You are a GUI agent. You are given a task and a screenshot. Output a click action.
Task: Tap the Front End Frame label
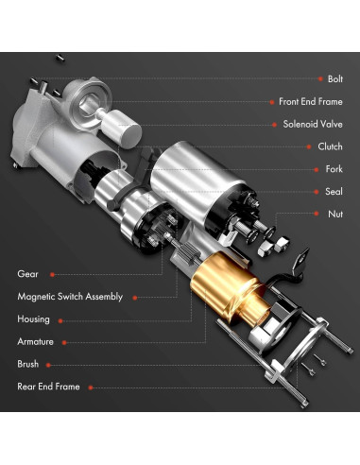pos(310,101)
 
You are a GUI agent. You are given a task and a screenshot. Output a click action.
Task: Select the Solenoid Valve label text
pos(313,124)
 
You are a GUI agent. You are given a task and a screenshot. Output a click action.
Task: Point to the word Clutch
pos(329,146)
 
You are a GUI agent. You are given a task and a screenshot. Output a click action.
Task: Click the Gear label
pos(27,274)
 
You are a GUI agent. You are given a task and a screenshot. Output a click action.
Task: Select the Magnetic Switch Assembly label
pos(70,297)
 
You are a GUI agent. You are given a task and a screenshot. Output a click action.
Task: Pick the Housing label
pos(33,319)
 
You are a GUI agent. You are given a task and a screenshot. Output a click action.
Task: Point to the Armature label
pos(35,341)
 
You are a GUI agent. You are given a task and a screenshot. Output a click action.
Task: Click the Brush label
pos(28,363)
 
